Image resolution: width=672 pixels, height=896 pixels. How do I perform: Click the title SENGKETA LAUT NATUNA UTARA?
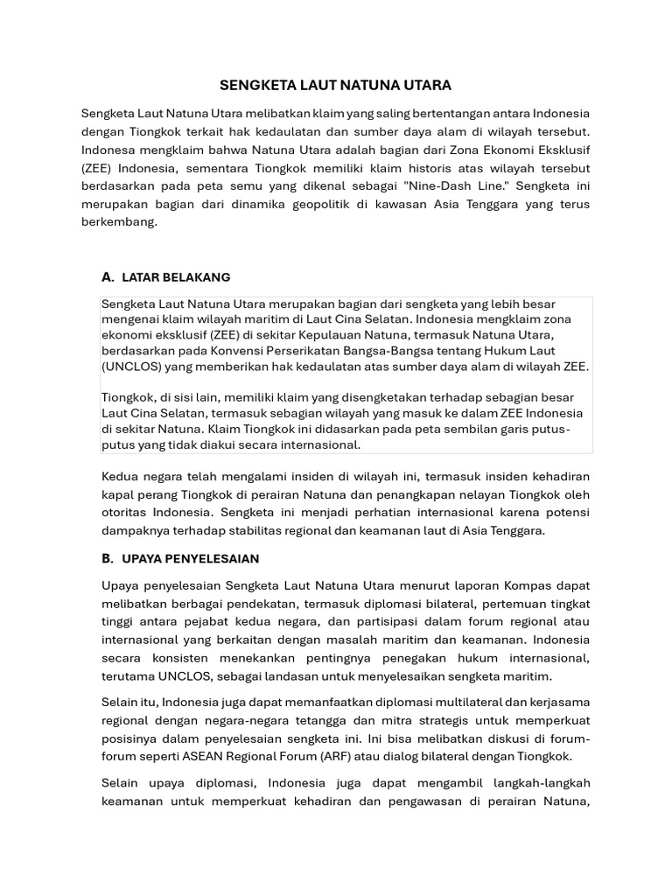tap(335, 85)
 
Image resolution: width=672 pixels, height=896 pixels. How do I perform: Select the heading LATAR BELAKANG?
tap(176, 277)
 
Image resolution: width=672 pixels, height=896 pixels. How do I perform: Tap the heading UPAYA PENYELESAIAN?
tap(191, 558)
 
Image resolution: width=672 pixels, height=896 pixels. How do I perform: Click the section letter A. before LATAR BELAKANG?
tap(108, 277)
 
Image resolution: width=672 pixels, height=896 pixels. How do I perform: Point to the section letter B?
tap(108, 558)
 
